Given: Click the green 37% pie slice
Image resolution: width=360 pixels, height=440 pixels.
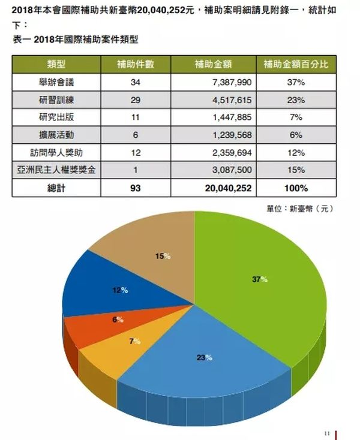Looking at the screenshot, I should click(264, 288).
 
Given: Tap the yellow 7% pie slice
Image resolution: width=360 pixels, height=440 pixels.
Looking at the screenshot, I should click(114, 351).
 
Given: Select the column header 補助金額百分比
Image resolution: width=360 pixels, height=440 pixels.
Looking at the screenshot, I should click(295, 64).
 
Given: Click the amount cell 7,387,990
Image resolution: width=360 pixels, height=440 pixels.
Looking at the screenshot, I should click(232, 82).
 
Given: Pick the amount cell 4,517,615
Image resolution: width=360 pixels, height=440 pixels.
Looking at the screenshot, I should click(232, 100).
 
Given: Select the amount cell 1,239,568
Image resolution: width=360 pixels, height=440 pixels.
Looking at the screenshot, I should click(232, 135).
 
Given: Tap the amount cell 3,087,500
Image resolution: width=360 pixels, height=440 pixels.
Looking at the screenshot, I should click(232, 170).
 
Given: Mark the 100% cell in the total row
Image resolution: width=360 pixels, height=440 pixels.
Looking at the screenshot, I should click(295, 188).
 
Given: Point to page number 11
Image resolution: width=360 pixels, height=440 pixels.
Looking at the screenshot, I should click(327, 433).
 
